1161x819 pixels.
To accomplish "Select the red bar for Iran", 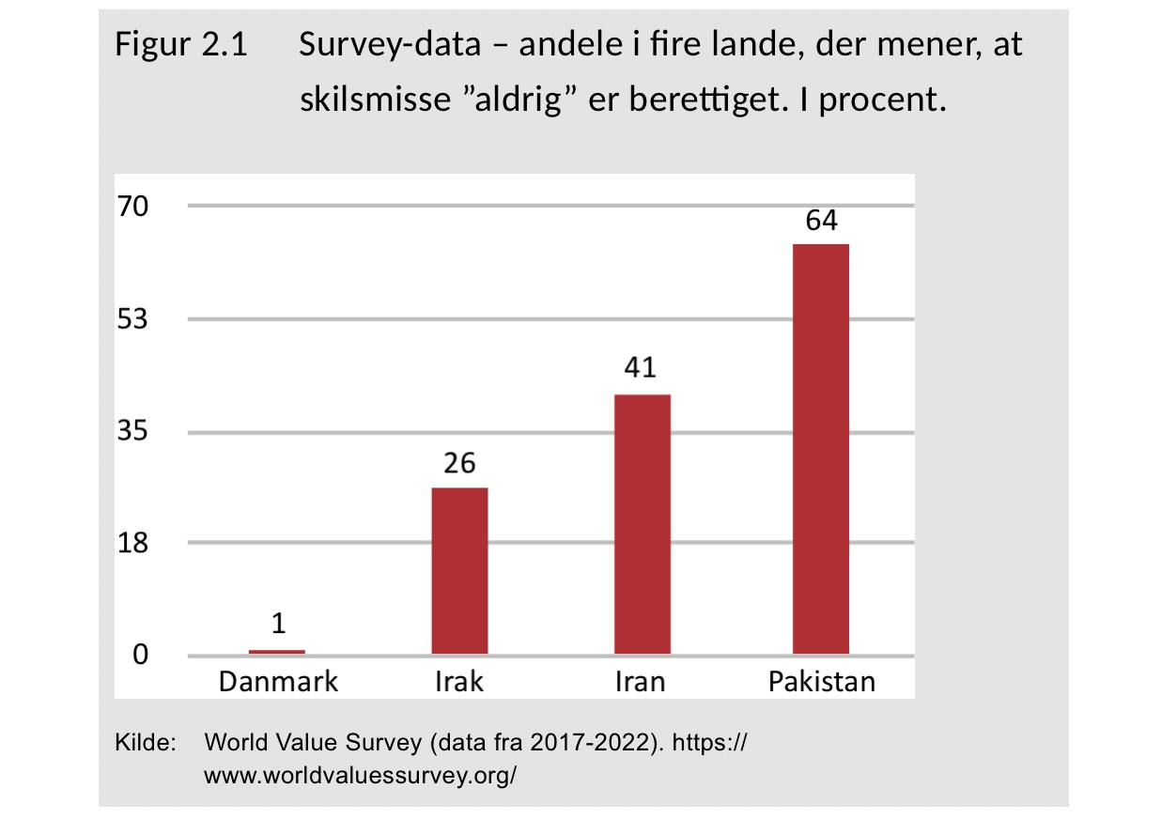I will (x=642, y=524).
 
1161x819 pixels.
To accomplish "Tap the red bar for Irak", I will (x=459, y=571).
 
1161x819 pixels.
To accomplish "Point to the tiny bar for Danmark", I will (x=277, y=652).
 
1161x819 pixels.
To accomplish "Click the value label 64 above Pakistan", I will (x=821, y=222).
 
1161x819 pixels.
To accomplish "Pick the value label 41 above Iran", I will (x=642, y=367).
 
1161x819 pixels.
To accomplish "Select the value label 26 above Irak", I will (x=459, y=463).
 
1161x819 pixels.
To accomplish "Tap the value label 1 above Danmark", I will (x=278, y=624).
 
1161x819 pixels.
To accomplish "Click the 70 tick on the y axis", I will (x=132, y=206).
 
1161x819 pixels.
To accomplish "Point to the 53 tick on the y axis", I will (x=132, y=319).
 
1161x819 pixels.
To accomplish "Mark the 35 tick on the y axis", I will (x=132, y=432).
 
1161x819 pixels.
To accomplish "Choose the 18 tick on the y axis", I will (x=132, y=543).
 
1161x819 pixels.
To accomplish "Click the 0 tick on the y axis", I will (x=140, y=656).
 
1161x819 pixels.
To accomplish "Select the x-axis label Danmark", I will (x=278, y=681).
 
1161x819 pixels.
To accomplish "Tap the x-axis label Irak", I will (x=459, y=681).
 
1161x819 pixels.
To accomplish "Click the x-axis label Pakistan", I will (x=822, y=681).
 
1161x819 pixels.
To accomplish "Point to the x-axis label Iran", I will (x=641, y=681).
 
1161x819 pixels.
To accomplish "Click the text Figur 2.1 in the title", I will (x=181, y=44).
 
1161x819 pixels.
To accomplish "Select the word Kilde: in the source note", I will (x=146, y=744).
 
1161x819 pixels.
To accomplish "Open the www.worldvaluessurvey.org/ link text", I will (x=361, y=777).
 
